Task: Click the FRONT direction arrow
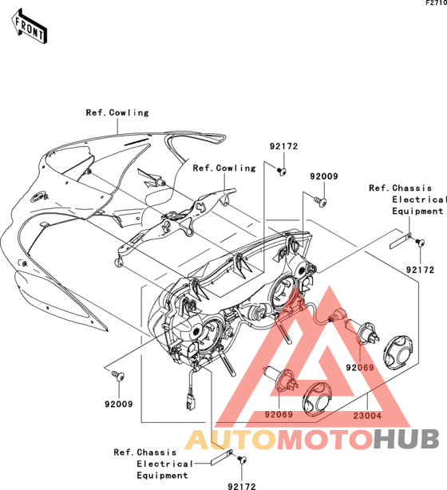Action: pos(29,26)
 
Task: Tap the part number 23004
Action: pos(367,416)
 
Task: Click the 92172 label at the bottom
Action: pos(242,486)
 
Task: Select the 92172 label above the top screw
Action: pos(284,146)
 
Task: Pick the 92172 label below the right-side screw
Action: pos(420,270)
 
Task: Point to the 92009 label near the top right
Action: pos(324,176)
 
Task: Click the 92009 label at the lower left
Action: pos(119,404)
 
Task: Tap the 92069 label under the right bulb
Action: pos(360,367)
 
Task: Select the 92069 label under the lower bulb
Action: pos(279,414)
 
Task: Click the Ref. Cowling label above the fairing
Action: pos(117,113)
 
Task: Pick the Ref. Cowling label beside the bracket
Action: pos(224,168)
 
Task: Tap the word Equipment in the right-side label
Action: pos(417,211)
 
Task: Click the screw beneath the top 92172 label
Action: pos(282,171)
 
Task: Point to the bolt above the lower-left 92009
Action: pos(118,375)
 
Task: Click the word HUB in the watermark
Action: pos(406,440)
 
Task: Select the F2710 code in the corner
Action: pos(437,3)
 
